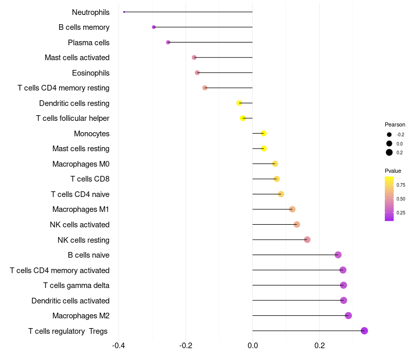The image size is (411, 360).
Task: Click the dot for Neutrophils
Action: point(124,12)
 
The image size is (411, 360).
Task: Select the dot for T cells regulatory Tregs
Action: point(364,331)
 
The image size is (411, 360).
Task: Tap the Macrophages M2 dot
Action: point(348,316)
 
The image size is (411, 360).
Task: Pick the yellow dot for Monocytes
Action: point(264,134)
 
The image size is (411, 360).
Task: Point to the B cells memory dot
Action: point(154,27)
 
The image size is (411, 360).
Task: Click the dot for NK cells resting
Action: point(307,240)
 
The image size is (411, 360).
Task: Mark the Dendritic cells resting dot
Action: point(239,103)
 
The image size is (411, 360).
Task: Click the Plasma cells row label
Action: point(88,43)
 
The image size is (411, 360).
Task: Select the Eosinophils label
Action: point(90,73)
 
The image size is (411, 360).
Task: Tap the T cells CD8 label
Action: point(89,179)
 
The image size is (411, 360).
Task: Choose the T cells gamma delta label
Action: point(76,285)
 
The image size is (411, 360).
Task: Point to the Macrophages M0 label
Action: point(81,164)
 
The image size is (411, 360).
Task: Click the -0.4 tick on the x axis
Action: point(118,345)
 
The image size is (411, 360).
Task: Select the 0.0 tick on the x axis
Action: point(252,345)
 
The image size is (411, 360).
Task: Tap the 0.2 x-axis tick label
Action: point(320,345)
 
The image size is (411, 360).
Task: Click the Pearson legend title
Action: point(395,124)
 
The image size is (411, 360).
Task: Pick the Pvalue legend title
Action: point(393,171)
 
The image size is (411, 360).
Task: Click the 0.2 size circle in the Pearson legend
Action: point(389,152)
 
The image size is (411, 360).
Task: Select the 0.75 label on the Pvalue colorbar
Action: point(401,185)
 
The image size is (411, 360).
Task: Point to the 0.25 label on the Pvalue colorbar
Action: point(401,212)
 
